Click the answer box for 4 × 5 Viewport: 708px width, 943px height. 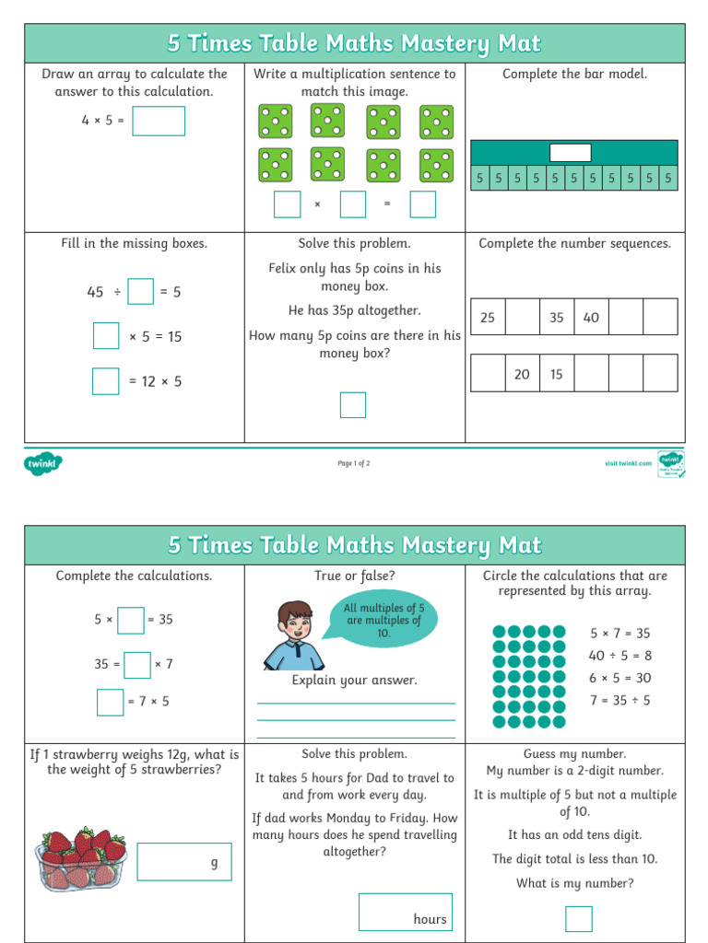point(159,121)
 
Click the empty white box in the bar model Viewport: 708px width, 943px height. point(570,153)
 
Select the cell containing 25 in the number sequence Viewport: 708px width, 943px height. point(488,317)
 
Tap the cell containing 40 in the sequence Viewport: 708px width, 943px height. point(591,317)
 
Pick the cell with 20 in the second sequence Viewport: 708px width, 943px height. point(522,374)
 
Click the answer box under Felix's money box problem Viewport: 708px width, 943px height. point(353,405)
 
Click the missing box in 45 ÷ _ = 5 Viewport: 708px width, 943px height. point(141,292)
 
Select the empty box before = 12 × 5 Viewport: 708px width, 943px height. point(106,381)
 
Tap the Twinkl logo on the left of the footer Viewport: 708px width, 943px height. point(42,463)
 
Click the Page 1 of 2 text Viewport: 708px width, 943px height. point(354,463)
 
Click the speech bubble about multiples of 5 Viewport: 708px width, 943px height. point(383,620)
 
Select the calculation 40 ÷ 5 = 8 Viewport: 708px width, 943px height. point(620,656)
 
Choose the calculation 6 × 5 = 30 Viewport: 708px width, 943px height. point(620,678)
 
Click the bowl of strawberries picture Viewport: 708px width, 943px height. point(82,859)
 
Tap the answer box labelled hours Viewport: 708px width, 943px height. point(406,912)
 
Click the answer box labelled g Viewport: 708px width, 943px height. point(184,862)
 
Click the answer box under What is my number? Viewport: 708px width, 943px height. point(579,918)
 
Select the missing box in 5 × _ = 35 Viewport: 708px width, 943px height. point(131,620)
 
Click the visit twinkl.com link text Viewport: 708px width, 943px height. point(622,463)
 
